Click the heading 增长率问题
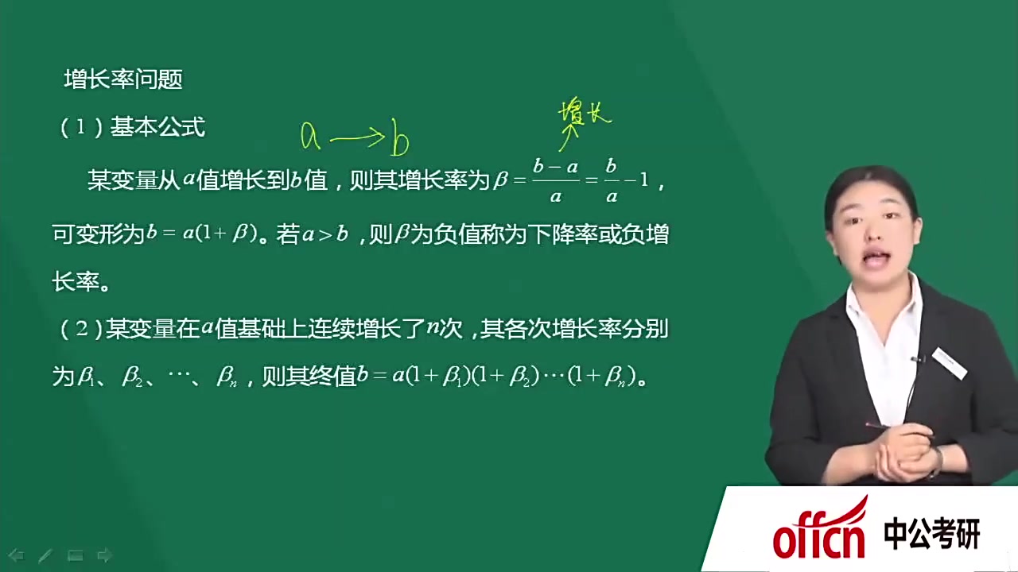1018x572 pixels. coord(123,79)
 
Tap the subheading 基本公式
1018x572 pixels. coord(157,127)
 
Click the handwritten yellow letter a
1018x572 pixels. coord(310,137)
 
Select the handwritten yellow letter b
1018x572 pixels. coord(399,141)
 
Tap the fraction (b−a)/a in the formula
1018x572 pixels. coord(555,180)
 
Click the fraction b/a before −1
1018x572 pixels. coord(611,180)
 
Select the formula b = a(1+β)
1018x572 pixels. coord(203,234)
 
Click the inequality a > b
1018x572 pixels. coord(324,235)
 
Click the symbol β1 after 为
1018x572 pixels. coord(87,377)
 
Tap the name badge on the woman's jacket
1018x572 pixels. coord(950,362)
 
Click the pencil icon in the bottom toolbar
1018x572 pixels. coord(45,555)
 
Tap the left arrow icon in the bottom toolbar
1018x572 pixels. coord(16,555)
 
